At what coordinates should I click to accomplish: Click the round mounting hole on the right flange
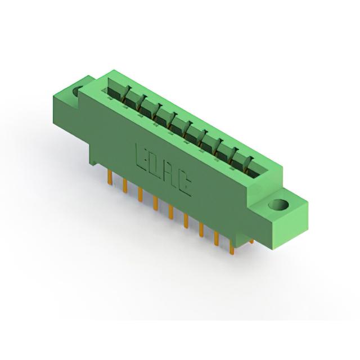coord(278,205)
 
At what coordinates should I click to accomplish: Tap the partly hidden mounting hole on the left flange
coord(76,91)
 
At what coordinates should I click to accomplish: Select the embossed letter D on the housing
coord(155,166)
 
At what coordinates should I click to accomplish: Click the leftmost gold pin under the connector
coord(110,177)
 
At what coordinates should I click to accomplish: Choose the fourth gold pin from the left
coord(155,203)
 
